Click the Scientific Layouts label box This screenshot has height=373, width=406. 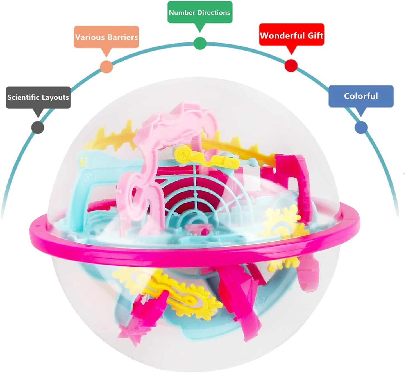[38, 97]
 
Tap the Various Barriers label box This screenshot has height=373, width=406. [106, 37]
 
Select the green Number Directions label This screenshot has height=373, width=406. [200, 12]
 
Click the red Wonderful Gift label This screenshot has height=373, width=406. [291, 34]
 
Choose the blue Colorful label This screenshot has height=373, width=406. [361, 96]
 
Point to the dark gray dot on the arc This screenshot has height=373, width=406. [38, 128]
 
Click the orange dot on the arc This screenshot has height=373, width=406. [106, 67]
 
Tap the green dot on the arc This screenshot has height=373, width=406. [200, 43]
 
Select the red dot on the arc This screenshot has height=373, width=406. [291, 65]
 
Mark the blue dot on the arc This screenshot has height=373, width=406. [361, 127]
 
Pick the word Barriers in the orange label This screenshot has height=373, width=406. [123, 37]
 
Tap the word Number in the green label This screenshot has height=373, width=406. [182, 13]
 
